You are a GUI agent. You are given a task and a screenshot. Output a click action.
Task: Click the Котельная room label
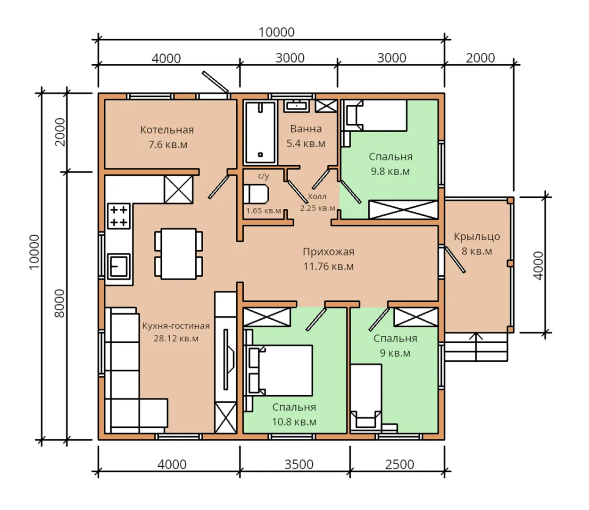tap(167, 130)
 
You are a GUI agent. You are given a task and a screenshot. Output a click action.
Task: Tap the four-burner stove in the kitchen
tap(119, 216)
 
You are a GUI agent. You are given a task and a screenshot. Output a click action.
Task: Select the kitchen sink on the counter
tap(119, 266)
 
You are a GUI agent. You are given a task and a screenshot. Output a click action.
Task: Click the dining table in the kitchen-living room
tap(178, 254)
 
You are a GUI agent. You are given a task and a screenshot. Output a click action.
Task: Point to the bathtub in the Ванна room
tap(260, 132)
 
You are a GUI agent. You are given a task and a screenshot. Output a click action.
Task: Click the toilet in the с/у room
tap(256, 194)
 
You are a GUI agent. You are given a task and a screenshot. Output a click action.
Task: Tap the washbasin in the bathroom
tap(297, 106)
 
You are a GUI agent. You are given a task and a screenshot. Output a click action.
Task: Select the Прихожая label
tap(328, 252)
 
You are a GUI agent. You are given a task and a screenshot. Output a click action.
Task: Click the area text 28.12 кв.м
tap(176, 339)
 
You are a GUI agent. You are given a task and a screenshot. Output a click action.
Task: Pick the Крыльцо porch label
tap(477, 237)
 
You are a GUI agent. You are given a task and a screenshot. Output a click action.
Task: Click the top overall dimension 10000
tap(276, 32)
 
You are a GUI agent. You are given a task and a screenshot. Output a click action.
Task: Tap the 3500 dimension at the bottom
tap(299, 465)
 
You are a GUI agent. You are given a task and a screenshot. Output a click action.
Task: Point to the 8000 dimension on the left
tap(59, 303)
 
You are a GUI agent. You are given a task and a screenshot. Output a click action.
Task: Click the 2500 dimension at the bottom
tap(399, 465)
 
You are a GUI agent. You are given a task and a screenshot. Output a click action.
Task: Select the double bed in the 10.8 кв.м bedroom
tap(281, 370)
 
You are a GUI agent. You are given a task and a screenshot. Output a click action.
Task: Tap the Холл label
tap(317, 196)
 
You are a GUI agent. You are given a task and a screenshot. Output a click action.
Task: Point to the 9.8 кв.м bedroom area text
tap(390, 171)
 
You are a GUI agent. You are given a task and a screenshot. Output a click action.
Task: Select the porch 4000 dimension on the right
tap(538, 265)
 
